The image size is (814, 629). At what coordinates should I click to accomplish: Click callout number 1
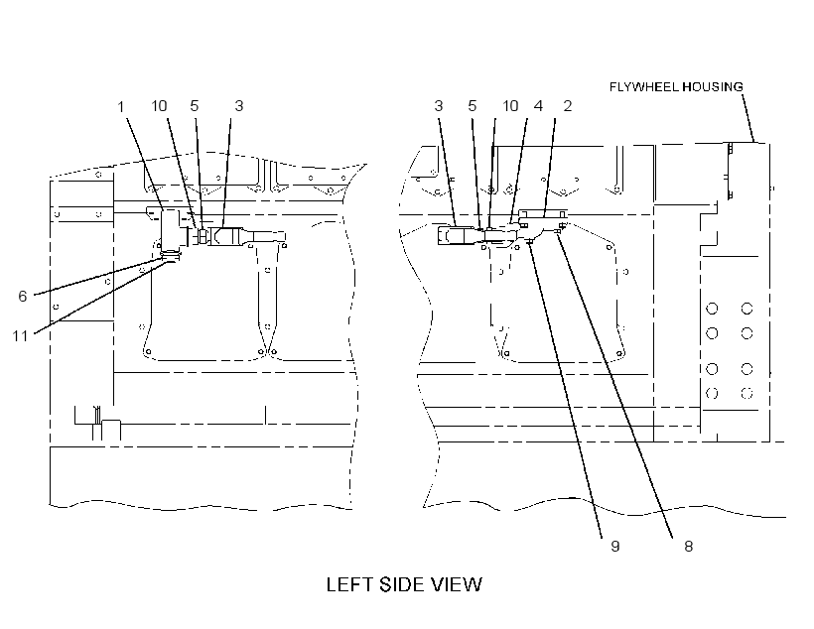pos(120,107)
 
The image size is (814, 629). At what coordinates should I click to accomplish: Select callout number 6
pos(22,297)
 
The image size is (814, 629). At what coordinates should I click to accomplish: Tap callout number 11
pos(20,336)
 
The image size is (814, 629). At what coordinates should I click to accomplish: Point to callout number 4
pos(538,106)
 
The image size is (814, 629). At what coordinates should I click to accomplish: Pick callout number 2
pos(568,106)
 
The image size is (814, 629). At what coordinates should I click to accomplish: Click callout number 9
pos(615,547)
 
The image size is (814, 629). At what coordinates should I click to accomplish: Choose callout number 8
pos(688,547)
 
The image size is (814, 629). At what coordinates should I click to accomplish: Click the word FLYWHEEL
pos(643,86)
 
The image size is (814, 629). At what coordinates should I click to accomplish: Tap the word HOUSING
pos(713,86)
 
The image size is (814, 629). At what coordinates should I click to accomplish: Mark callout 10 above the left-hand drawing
pos(159,106)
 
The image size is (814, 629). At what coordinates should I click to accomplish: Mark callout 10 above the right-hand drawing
pos(510,106)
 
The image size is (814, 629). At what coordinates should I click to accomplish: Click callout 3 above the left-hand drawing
pos(239,106)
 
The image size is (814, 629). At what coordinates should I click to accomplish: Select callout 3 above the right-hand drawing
pos(438,106)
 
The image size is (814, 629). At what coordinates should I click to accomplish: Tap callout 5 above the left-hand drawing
pos(195,106)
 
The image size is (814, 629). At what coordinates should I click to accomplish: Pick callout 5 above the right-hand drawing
pos(472,106)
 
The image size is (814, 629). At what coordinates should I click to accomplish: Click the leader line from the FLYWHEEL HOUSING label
pos(748,118)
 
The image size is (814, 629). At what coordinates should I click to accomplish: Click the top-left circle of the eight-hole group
pos(712,309)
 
